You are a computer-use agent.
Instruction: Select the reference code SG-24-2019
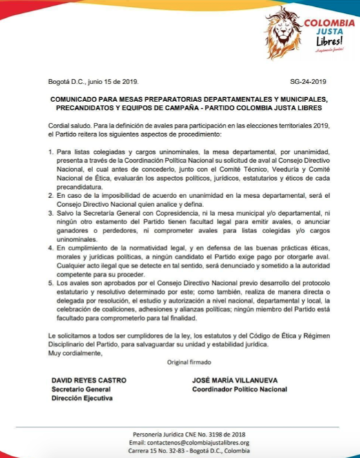pos(309,81)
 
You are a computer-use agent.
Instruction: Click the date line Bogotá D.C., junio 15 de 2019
pos(94,81)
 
